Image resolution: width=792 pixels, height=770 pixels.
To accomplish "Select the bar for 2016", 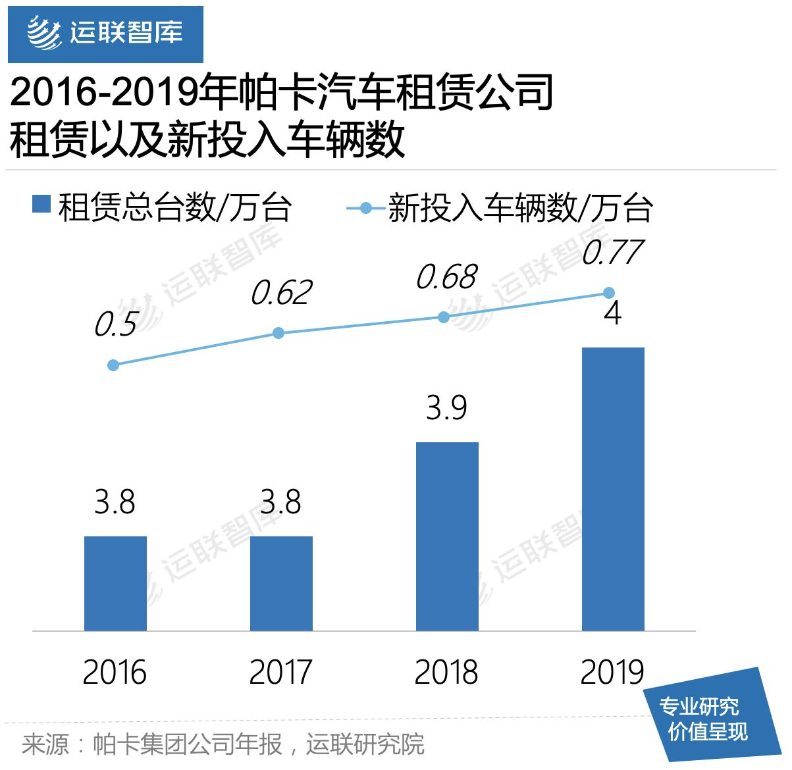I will tap(115, 583).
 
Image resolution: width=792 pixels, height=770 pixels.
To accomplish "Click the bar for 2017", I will tap(281, 583).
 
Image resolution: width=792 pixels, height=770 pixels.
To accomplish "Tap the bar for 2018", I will tap(447, 536).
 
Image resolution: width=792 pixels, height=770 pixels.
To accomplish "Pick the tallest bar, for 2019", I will tap(613, 489).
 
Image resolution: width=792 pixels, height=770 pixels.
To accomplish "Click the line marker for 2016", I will tap(113, 365).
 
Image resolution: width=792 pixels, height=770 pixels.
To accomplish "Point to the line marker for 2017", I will tap(278, 333).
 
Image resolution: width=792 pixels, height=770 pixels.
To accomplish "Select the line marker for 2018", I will tap(444, 317).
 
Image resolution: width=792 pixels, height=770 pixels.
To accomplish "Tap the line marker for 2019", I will tap(609, 292).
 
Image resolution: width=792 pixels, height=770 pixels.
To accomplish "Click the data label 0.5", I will tap(116, 325).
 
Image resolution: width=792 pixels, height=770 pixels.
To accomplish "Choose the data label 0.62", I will tap(280, 293).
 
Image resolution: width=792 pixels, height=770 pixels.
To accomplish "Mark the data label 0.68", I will tap(446, 277).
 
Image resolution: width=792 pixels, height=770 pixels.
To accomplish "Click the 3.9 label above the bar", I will tap(447, 408).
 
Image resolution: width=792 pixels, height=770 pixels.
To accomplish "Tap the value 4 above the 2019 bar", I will tap(613, 313).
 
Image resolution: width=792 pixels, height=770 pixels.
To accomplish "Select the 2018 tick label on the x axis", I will tap(447, 673).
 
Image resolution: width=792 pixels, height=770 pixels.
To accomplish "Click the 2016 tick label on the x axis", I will tap(115, 673).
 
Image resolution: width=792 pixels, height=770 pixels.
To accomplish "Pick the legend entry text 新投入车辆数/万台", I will tap(520, 208).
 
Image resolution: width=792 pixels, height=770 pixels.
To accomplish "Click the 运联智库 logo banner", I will tap(105, 32).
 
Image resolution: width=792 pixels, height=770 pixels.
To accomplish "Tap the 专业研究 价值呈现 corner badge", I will tap(708, 719).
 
